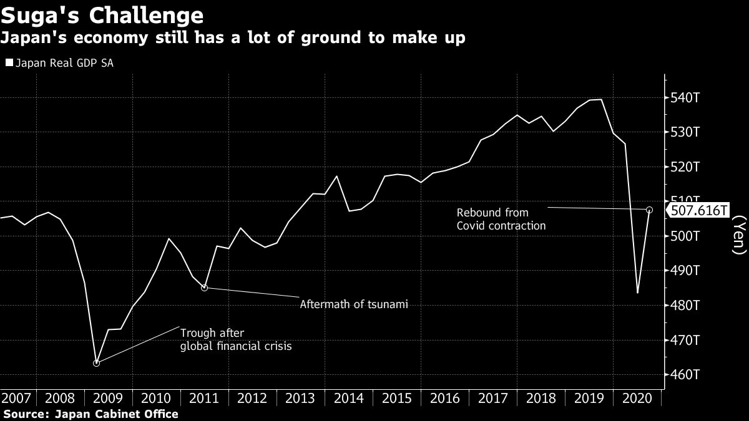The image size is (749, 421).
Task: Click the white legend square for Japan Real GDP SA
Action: click(x=9, y=63)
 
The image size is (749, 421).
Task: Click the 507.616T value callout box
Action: click(x=698, y=210)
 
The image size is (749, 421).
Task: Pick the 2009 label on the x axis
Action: click(x=108, y=398)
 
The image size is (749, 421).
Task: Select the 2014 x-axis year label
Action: click(x=348, y=398)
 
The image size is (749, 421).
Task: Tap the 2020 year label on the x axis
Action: click(x=637, y=398)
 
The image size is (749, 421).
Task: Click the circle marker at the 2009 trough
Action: click(x=96, y=363)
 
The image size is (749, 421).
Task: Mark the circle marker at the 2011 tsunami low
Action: click(x=204, y=288)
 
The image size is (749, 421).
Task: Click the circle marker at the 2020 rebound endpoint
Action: click(x=650, y=210)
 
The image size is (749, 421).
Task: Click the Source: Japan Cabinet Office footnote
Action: click(x=91, y=414)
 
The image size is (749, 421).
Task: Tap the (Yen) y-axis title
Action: click(x=738, y=235)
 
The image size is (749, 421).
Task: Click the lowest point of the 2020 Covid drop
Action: click(x=637, y=293)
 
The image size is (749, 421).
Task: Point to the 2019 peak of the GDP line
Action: click(x=600, y=99)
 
